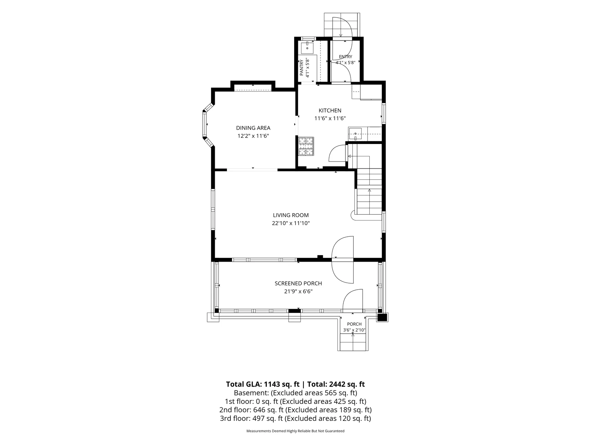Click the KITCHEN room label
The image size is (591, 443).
coord(330,110)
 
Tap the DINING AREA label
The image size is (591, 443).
coord(253,128)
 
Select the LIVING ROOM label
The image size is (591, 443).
coord(291,215)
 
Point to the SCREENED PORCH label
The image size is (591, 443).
coord(298,283)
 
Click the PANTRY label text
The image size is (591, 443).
coord(301,68)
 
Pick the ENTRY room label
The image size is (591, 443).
coord(345,57)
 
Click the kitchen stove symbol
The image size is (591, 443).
coord(307,146)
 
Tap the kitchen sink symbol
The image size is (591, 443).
coord(355,133)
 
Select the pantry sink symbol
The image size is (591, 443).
coord(307,48)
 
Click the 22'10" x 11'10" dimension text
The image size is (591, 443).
coord(291,223)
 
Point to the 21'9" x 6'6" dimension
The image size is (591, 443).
coord(298,291)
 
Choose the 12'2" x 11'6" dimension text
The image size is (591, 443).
coord(253,136)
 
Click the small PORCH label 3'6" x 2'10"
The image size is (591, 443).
coord(354,327)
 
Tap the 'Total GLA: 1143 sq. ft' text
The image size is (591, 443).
coord(263,384)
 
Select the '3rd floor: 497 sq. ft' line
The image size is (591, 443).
coord(295,418)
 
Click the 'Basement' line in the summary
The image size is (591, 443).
coord(295,393)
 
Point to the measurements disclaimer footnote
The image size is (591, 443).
coord(295,431)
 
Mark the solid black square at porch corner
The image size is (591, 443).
coord(382,317)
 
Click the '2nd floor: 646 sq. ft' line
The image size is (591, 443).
coord(295,410)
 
